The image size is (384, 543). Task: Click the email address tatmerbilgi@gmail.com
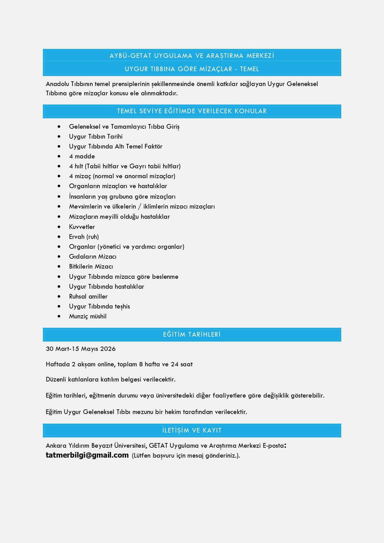point(87,455)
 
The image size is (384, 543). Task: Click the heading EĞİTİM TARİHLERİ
point(192,334)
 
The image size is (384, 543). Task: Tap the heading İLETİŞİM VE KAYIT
point(192,430)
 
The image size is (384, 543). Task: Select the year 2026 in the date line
point(108,349)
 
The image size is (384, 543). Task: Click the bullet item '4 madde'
point(82,156)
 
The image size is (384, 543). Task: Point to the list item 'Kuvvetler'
point(82,227)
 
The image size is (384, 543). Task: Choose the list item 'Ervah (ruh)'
point(84,237)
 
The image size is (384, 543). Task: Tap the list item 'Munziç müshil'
point(88,316)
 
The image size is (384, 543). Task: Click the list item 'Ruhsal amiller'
point(88,296)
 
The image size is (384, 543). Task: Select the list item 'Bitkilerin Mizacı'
point(91,266)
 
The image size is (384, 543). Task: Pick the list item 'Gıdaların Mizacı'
point(93,256)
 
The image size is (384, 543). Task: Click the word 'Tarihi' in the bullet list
point(115,136)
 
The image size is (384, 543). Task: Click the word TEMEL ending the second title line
point(249,69)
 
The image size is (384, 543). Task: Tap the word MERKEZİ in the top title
point(260,56)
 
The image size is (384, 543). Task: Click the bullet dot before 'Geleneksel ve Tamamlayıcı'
point(59,127)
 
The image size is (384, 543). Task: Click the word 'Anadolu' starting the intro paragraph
point(57,84)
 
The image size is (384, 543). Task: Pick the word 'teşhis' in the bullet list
point(122,306)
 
